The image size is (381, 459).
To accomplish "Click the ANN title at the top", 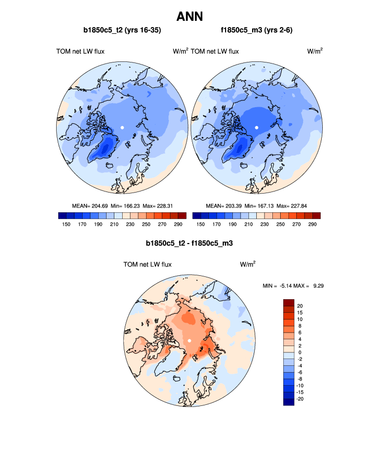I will click(190, 17).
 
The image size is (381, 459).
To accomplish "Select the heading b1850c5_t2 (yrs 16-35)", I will click(122, 31).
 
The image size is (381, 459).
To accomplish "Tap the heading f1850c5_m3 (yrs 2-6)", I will click(257, 31).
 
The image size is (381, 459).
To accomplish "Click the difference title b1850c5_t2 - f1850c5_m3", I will click(190, 243).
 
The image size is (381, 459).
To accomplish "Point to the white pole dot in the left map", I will click(122, 127).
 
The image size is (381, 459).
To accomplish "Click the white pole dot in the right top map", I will click(257, 127).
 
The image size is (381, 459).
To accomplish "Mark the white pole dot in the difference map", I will click(190, 340).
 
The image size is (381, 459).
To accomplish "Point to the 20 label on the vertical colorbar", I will click(300, 305).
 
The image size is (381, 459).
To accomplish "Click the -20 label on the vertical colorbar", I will click(299, 398).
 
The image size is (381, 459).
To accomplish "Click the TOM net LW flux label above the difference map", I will click(148, 264).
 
